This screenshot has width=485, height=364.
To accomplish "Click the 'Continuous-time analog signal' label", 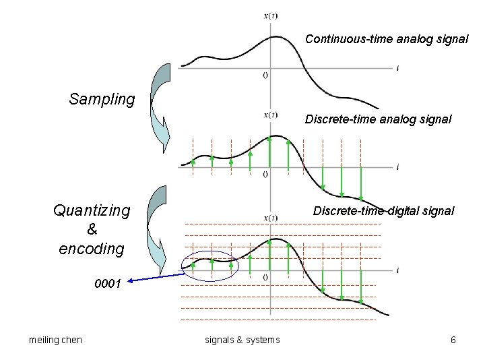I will (387, 39).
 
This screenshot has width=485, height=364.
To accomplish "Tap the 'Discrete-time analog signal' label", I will (378, 119).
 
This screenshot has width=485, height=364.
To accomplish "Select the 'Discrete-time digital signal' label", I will (383, 211).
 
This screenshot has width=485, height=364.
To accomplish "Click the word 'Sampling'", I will (102, 100).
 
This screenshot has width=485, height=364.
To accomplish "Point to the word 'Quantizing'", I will (92, 211).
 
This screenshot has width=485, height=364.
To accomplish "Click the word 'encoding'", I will (92, 249).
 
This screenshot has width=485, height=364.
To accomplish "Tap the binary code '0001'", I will (108, 284).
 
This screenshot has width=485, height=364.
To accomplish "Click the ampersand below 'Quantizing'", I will (92, 230).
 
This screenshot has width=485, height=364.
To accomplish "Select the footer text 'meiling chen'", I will (56, 340).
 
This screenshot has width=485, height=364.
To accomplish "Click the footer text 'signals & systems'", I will (242, 340).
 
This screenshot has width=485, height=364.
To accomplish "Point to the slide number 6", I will (453, 340).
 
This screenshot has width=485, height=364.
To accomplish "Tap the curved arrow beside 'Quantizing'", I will (160, 226).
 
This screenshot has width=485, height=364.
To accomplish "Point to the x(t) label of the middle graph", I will (271, 114).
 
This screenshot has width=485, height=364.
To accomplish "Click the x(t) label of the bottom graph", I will (271, 217).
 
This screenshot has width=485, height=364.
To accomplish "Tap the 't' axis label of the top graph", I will (398, 68).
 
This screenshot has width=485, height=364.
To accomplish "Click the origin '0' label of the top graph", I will (265, 75).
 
